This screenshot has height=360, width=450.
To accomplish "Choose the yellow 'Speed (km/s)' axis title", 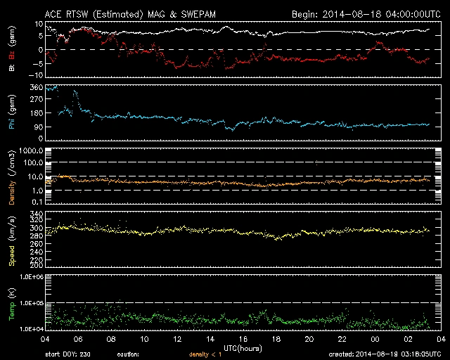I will pyautogui.click(x=11, y=239).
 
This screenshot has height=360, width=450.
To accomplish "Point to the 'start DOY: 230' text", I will pyautogui.click(x=68, y=354).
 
